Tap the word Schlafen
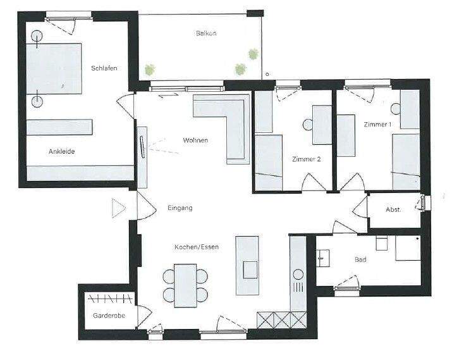tap(104, 68)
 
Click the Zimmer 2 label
tap(307, 159)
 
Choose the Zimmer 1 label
tap(377, 125)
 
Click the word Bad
tap(361, 260)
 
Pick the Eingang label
tap(180, 208)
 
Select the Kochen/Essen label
tap(197, 247)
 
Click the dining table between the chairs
tap(185, 284)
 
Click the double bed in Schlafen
tap(56, 69)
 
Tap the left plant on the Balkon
tap(150, 70)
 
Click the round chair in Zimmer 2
tap(309, 125)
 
